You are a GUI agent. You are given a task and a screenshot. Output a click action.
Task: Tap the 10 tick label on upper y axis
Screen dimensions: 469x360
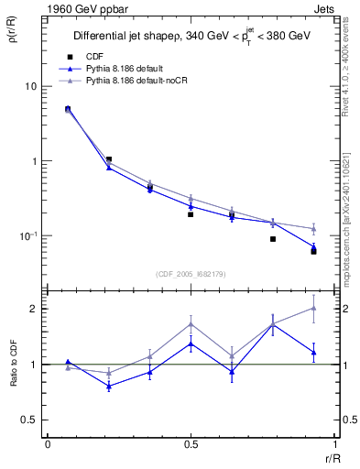(30, 87)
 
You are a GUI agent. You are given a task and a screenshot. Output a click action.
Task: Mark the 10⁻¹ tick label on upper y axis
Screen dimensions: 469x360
(28, 236)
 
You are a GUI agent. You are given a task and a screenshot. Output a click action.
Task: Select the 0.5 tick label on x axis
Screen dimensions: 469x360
(191, 444)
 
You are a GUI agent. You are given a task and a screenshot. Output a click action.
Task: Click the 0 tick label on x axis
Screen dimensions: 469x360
(48, 444)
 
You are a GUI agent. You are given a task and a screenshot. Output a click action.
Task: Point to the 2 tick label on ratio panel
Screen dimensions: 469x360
(34, 309)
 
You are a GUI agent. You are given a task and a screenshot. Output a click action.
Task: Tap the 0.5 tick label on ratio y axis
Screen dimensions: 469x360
(29, 420)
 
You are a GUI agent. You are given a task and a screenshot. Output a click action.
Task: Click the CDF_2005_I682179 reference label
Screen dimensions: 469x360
(190, 272)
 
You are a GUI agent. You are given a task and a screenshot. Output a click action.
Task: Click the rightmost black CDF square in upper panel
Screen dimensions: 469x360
(313, 251)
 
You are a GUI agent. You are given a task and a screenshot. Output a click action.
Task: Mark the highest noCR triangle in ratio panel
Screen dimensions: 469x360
(313, 308)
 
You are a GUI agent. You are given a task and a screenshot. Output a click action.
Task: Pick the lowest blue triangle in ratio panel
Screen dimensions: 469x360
(110, 386)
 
